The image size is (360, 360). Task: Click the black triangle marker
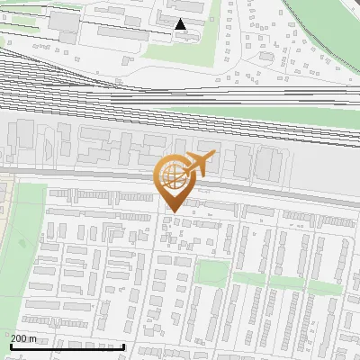point(181,23)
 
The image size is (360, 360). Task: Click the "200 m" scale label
point(24,338)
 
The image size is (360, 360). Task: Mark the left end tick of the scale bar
point(10,345)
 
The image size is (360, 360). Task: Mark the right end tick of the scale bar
point(123,345)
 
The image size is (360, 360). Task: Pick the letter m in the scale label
point(34,339)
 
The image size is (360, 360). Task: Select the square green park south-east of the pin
point(212,272)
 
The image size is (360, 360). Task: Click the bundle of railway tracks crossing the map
point(180,90)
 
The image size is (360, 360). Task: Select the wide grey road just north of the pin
point(108,173)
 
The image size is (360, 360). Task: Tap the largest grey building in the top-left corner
point(64,22)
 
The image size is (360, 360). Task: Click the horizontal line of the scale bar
point(67,346)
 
